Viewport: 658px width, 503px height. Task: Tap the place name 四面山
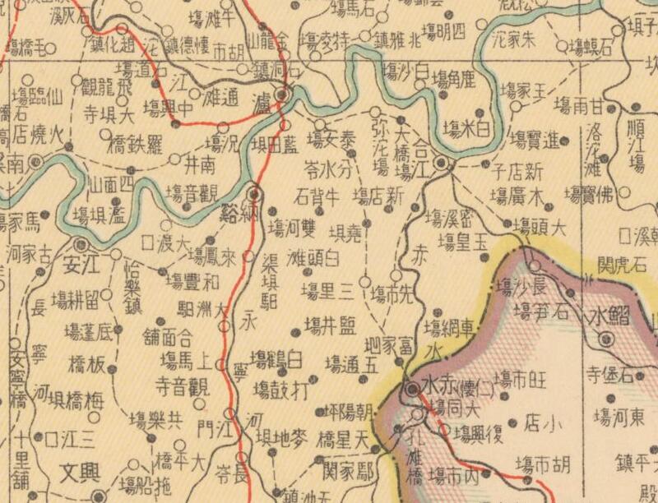(x=110, y=184)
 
